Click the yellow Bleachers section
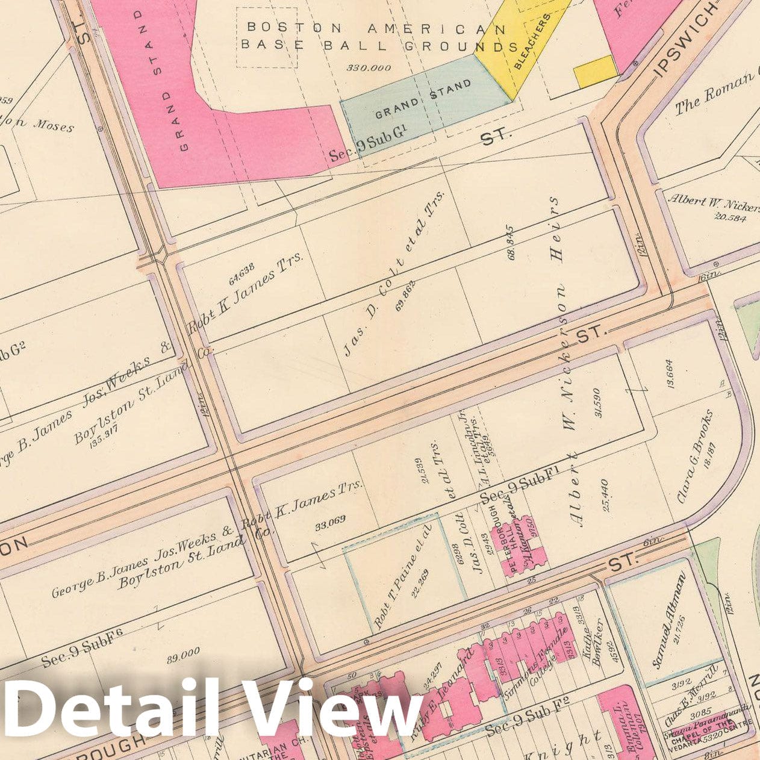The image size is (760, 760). pyautogui.click(x=530, y=48)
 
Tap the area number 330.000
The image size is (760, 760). pyautogui.click(x=368, y=68)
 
